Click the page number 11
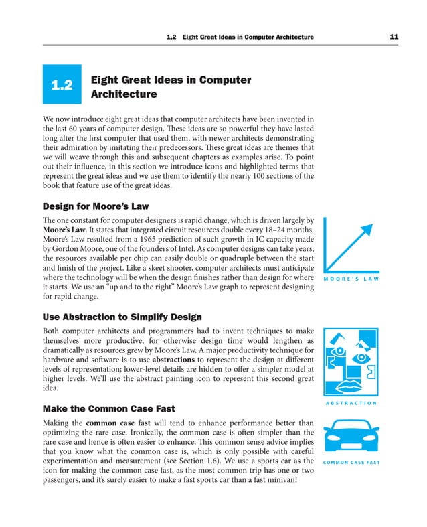tap(394, 36)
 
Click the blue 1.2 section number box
tap(62, 85)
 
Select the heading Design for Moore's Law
tap(95, 206)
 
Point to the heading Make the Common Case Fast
tap(108, 408)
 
